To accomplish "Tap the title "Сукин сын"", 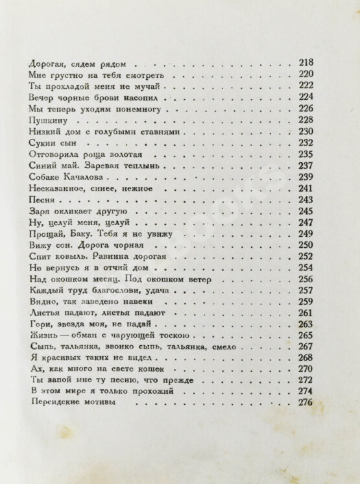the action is click(x=49, y=143).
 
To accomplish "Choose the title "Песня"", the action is click(x=40, y=200).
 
